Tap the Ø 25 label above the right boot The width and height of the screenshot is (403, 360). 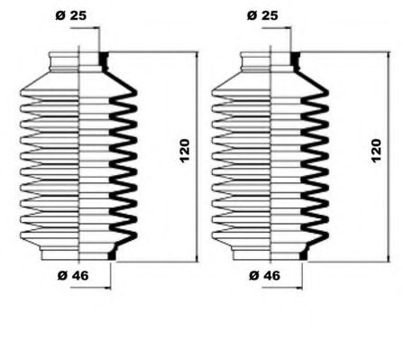point(261,16)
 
